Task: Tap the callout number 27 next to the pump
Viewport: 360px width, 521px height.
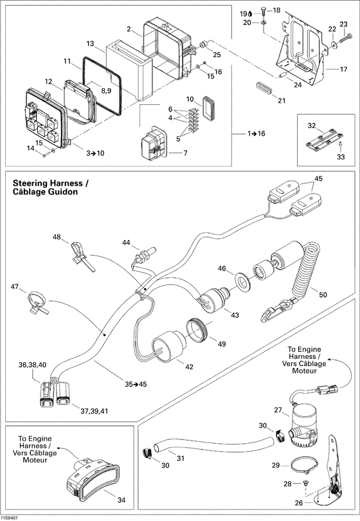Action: point(279,410)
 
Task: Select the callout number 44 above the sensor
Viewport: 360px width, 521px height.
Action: point(126,242)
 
